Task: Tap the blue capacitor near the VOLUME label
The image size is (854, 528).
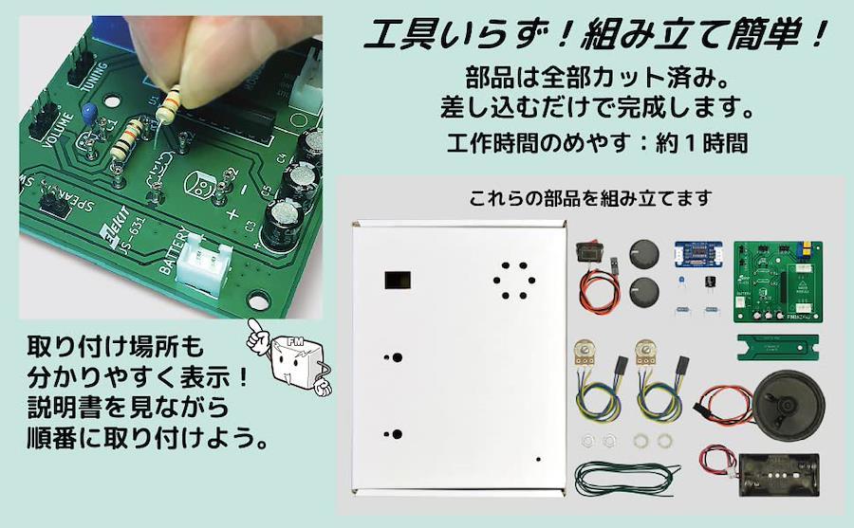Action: pyautogui.click(x=89, y=114)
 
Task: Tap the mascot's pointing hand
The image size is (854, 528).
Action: pyautogui.click(x=256, y=336)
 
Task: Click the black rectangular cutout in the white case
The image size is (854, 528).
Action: pyautogui.click(x=399, y=280)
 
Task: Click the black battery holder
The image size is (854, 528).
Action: pyautogui.click(x=779, y=475)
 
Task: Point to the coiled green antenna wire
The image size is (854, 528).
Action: pyautogui.click(x=626, y=478)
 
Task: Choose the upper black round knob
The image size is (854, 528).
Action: pyautogui.click(x=643, y=254)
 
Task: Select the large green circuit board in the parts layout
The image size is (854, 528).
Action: pyautogui.click(x=778, y=282)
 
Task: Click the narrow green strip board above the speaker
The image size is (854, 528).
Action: pyautogui.click(x=778, y=347)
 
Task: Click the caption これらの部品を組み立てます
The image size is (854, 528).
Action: pyautogui.click(x=591, y=198)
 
